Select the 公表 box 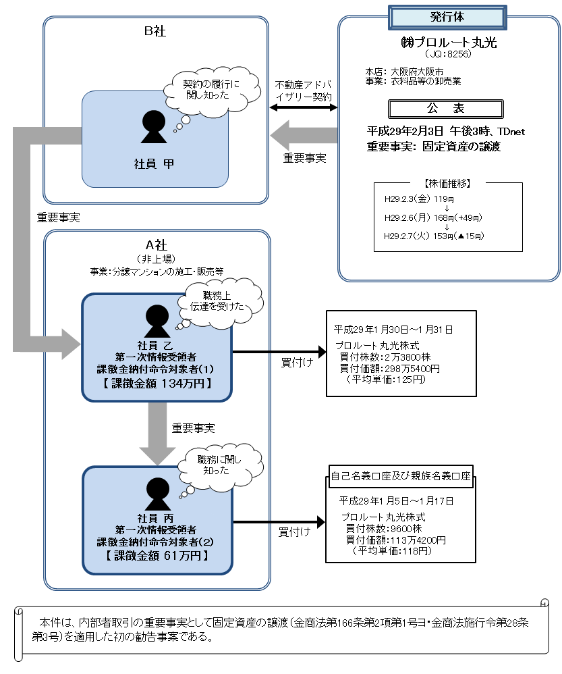click(x=446, y=109)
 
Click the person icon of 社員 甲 click(x=154, y=126)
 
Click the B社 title click(x=156, y=31)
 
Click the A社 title click(x=156, y=244)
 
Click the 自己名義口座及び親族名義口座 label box click(x=401, y=475)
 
